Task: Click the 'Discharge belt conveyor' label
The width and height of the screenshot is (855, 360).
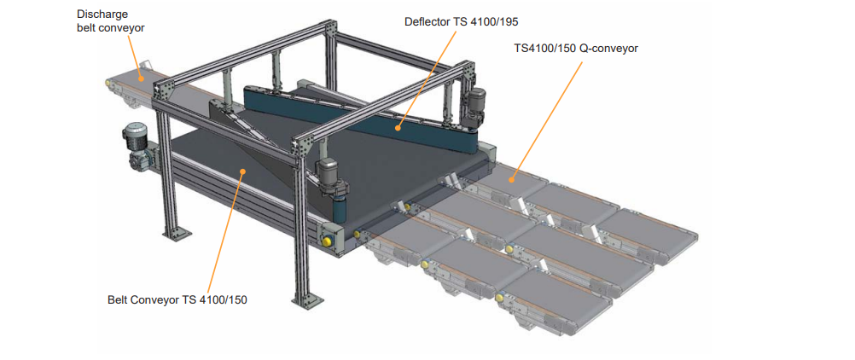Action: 111,20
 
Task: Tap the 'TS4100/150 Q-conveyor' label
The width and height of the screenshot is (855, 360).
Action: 576,48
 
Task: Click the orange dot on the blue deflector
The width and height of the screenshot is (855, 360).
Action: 398,129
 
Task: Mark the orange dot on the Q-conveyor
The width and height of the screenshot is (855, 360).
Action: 513,178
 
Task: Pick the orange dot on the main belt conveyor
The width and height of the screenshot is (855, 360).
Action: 242,171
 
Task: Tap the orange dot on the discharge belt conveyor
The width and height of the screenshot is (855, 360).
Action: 142,78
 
